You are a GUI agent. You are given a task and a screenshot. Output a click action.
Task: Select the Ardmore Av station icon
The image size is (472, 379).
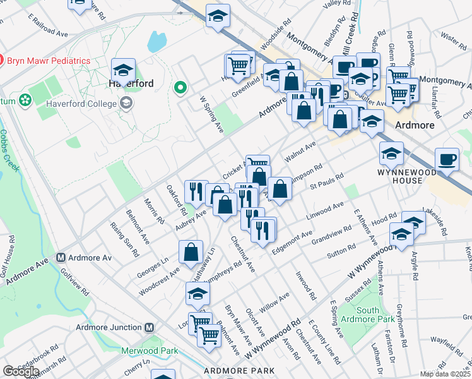(61, 258)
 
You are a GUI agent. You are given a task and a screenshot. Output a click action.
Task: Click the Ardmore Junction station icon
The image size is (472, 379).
(150, 327)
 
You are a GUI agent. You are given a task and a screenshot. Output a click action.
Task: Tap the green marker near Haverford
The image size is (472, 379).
(181, 88)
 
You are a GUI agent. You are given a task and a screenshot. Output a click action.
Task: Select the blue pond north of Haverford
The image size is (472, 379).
(155, 42)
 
